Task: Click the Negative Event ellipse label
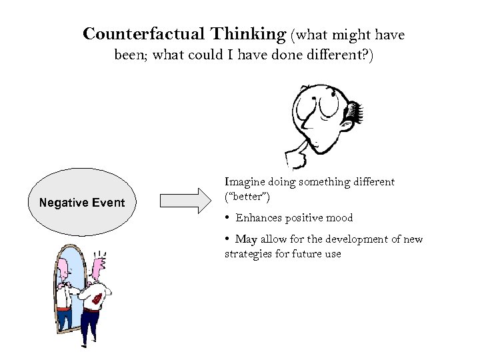(x=82, y=202)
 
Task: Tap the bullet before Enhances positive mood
(x=228, y=218)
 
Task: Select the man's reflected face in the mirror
(x=63, y=270)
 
